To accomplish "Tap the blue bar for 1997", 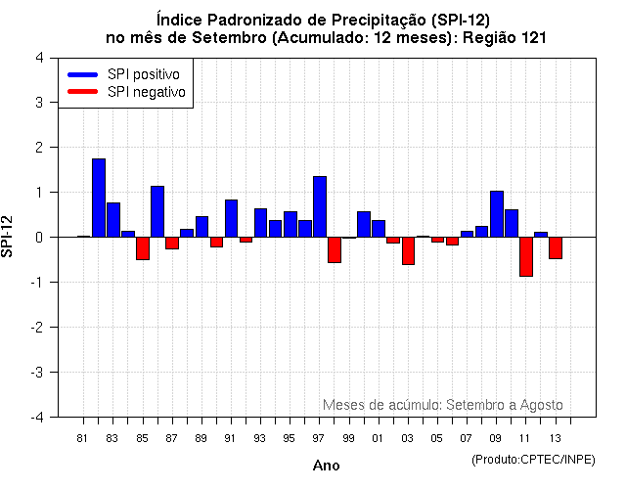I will point(320,206).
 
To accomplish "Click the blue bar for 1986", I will point(157,211).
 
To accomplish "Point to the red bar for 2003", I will point(408,250).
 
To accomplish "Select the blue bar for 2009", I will point(496,214).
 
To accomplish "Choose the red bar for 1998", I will point(335,249).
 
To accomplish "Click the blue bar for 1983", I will point(113,220).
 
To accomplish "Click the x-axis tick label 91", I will point(231,438).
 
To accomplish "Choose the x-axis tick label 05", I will point(437,438).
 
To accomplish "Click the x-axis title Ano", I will point(327,467).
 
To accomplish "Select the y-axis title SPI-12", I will point(9,237).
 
